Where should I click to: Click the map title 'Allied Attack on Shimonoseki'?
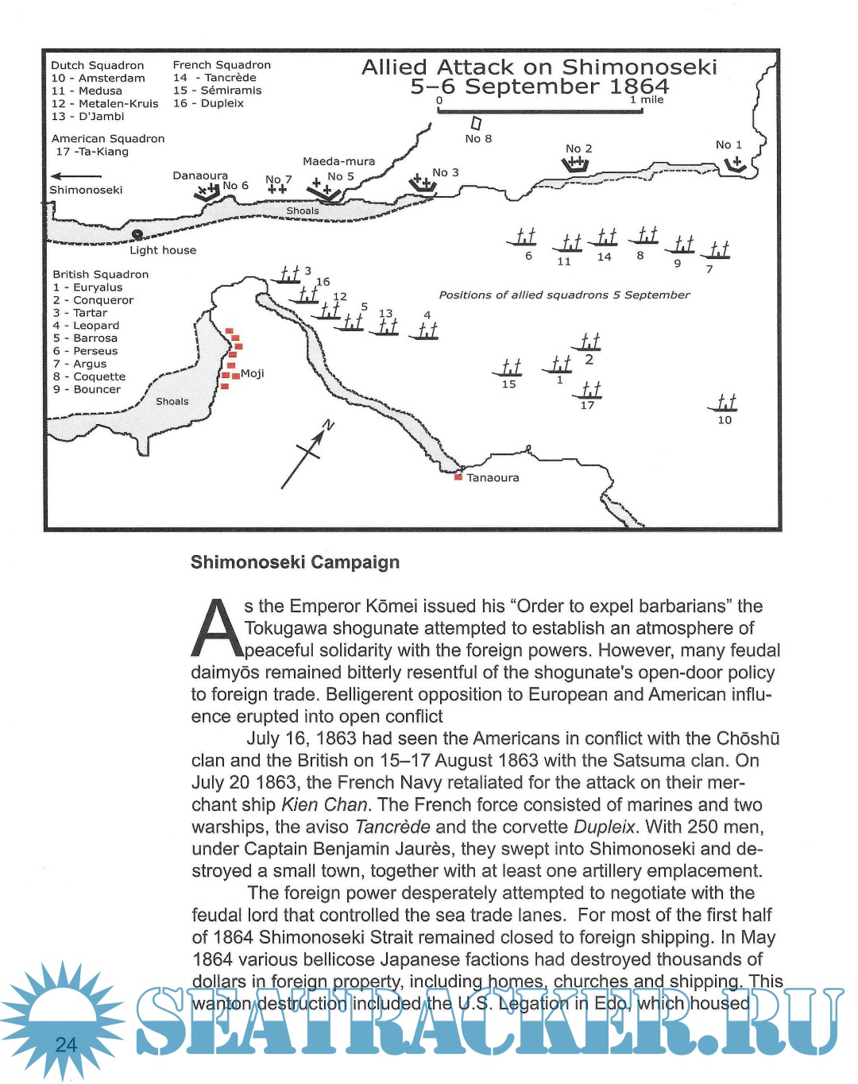pos(539,68)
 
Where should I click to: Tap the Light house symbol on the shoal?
pos(137,234)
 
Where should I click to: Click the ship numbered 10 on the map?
pos(725,403)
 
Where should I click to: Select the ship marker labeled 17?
pos(590,390)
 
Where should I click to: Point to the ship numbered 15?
pos(509,368)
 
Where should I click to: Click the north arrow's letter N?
pos(328,426)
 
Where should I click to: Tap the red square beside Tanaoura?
pos(458,477)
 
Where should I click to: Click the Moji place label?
pos(252,373)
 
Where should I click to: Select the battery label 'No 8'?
pos(478,139)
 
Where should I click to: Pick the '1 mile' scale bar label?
pos(647,100)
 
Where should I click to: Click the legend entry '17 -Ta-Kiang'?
pos(92,152)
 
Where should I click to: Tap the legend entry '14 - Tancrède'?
pos(215,78)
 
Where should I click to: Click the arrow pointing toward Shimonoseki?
pos(75,176)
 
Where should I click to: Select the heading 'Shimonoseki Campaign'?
pos(295,562)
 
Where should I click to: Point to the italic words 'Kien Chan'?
pos(324,804)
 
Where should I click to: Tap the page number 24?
pos(66,1044)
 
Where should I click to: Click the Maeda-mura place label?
pos(338,161)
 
